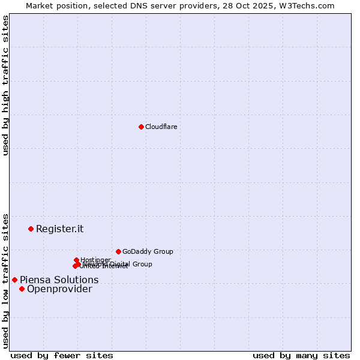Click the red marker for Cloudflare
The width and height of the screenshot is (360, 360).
141,127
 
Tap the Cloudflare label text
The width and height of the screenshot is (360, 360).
161,127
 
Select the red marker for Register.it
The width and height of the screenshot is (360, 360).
31,229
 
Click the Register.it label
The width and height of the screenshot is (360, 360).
59,229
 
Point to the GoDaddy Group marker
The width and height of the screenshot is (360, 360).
118,251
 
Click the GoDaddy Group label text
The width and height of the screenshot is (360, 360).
148,251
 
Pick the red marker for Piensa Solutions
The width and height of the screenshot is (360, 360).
14,280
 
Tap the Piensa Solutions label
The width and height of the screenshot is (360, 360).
59,280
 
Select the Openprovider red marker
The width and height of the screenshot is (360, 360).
22,289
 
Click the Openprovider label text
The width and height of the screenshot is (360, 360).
59,289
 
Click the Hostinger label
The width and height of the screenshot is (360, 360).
95,260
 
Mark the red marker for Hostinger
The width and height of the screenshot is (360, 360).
76,260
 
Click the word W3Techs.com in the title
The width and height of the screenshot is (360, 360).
310,5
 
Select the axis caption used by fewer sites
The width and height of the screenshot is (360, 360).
62,355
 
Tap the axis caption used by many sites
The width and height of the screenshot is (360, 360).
301,355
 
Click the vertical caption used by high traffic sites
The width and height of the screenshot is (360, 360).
5,85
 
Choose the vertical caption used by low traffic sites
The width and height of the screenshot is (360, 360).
5,280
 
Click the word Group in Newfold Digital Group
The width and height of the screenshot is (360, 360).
142,264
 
